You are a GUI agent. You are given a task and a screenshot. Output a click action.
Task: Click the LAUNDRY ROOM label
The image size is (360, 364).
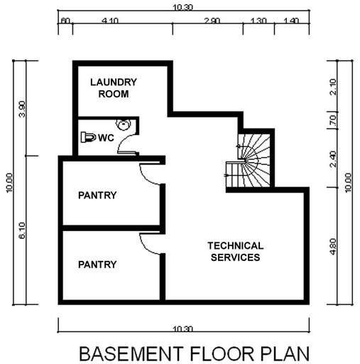point(114,88)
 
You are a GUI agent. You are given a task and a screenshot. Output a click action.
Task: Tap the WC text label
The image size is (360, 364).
point(107,137)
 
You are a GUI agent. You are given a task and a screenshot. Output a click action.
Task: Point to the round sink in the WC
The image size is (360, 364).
point(124,125)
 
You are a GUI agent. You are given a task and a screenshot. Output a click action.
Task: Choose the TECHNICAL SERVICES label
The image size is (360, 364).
point(235,252)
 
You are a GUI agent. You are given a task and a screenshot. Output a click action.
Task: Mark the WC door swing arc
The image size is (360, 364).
point(126,146)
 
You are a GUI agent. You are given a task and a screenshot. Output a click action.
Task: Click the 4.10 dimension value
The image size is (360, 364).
point(109,22)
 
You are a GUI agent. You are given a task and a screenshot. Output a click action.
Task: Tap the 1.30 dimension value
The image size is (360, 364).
point(259,22)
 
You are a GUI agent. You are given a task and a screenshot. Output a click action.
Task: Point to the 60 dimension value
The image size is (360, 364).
point(65,22)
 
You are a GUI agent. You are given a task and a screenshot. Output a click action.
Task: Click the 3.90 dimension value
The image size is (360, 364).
point(22,109)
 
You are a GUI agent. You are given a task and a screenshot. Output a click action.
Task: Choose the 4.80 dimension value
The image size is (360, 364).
point(332,246)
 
